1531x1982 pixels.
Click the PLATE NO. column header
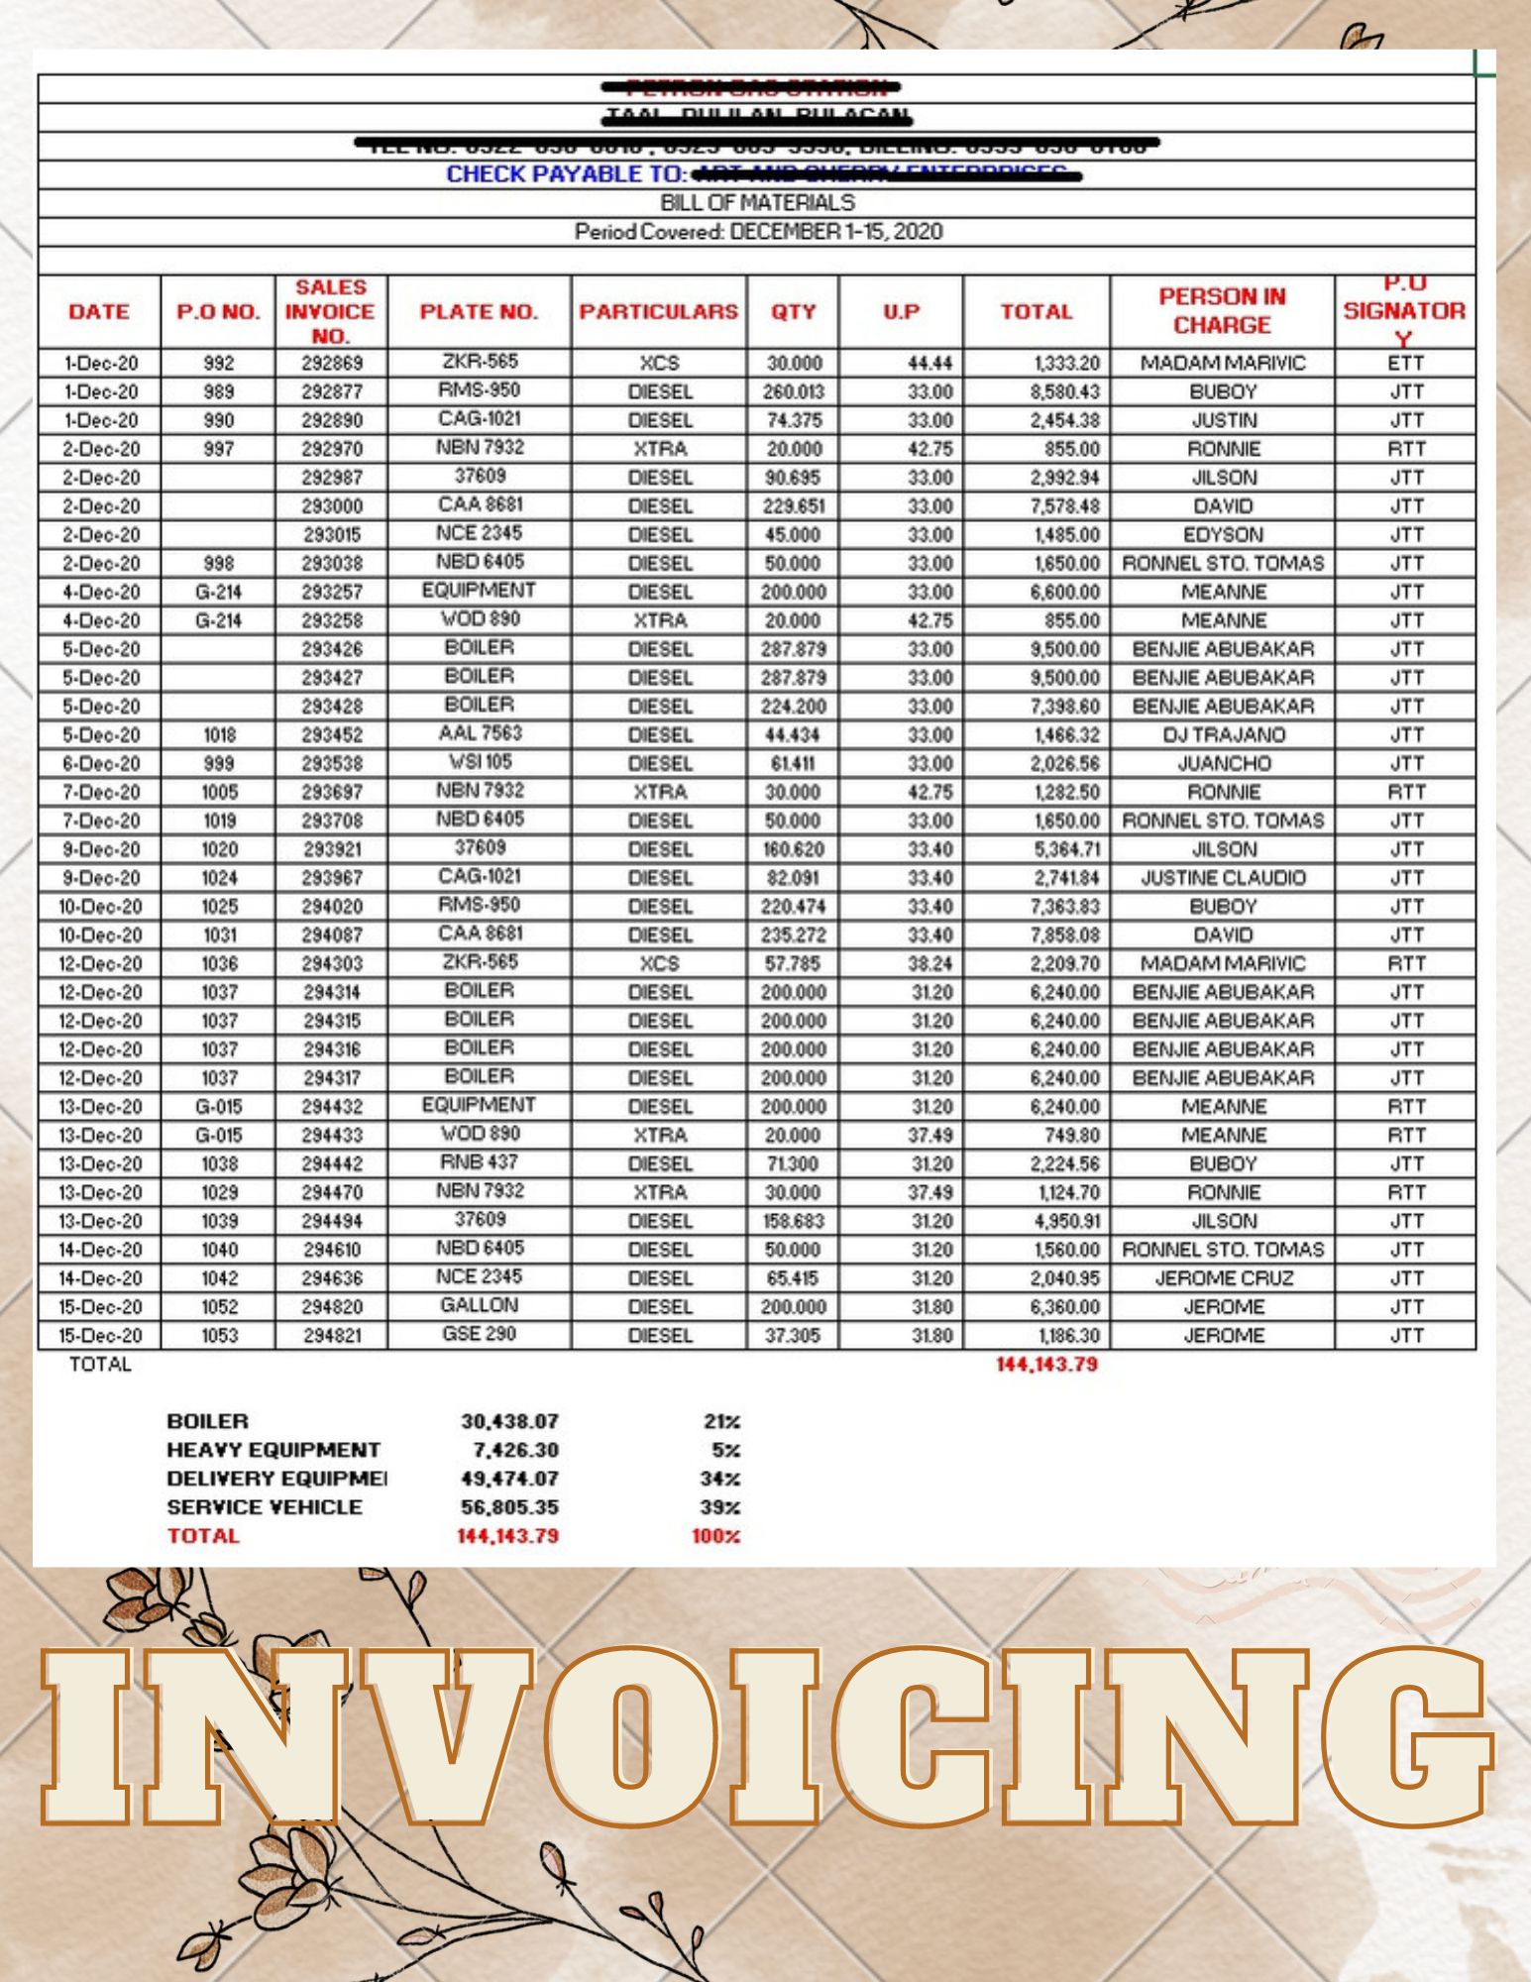479,312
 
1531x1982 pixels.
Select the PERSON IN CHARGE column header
1222,310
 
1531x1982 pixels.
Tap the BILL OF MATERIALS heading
757,203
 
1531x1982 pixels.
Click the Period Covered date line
758,232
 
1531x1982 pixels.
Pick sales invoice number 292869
332,363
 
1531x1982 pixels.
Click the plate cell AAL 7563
480,733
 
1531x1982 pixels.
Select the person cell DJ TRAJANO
1223,735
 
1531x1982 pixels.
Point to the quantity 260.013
793,392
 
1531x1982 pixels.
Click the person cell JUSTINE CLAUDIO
1223,878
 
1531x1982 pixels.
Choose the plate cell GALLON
480,1305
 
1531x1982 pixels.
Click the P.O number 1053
219,1336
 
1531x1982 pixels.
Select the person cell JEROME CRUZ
1223,1278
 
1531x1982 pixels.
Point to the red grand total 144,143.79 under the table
1046,1365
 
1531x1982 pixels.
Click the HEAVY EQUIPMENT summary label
273,1450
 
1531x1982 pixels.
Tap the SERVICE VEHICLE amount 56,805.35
509,1507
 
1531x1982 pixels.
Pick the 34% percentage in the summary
721,1479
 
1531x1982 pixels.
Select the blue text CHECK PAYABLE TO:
566,174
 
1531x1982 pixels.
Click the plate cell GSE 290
480,1334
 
